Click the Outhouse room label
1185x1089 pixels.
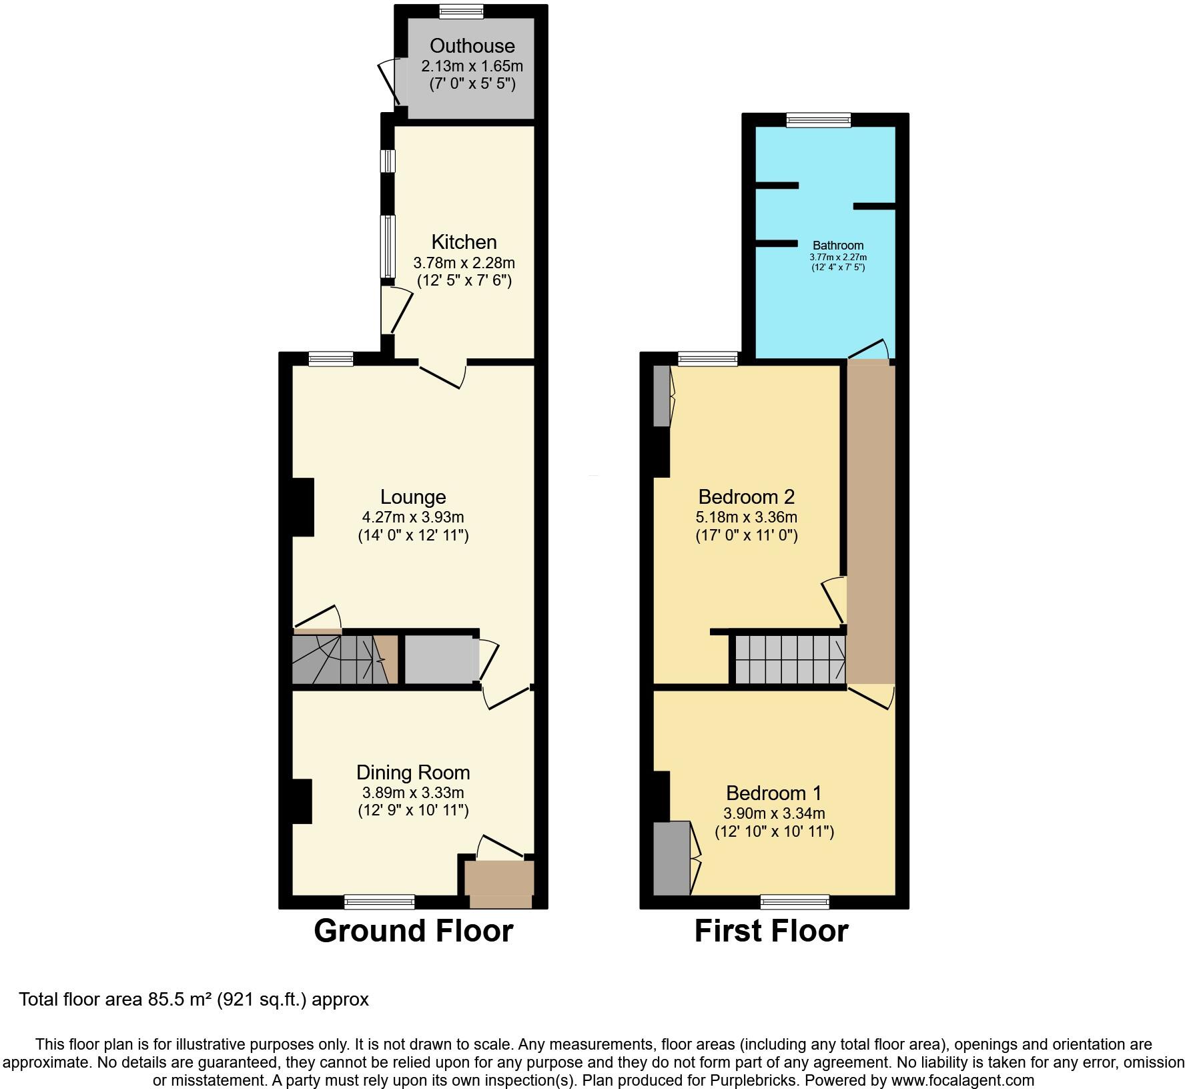pyautogui.click(x=472, y=45)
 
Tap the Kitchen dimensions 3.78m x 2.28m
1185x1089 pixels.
pyautogui.click(x=464, y=262)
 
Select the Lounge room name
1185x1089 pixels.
pyautogui.click(x=413, y=496)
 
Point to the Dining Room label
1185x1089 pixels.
pyautogui.click(x=413, y=772)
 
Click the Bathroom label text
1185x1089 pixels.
pyautogui.click(x=838, y=246)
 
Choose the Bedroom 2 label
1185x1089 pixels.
pyautogui.click(x=746, y=496)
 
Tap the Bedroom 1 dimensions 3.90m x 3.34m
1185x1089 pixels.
pyautogui.click(x=774, y=813)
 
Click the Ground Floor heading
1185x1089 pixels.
pyautogui.click(x=413, y=931)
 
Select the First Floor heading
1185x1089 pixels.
pyautogui.click(x=771, y=931)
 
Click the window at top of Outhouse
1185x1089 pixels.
pyautogui.click(x=462, y=10)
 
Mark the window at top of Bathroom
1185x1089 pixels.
pyautogui.click(x=819, y=120)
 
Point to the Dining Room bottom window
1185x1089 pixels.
pyautogui.click(x=379, y=902)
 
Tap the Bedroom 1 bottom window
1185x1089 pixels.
pyautogui.click(x=795, y=902)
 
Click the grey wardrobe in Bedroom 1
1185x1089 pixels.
pyautogui.click(x=671, y=858)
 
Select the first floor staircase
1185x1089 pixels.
pyautogui.click(x=789, y=659)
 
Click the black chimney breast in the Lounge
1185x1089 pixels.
pyautogui.click(x=304, y=507)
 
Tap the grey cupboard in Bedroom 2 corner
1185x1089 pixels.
pyautogui.click(x=661, y=395)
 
